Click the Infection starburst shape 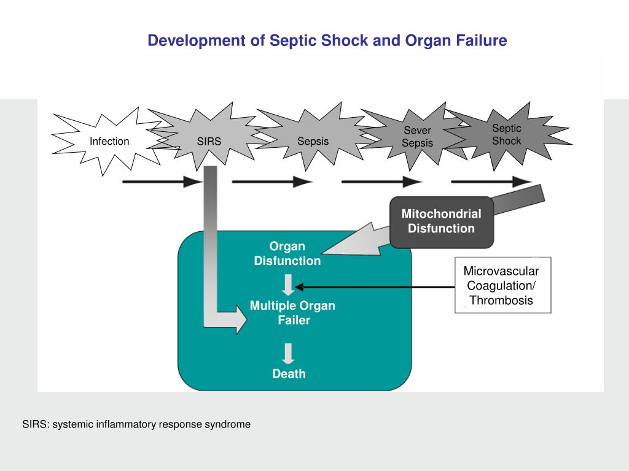click(x=109, y=142)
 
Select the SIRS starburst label click(x=209, y=142)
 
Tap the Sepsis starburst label click(x=313, y=142)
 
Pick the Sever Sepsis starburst click(x=417, y=137)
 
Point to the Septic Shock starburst click(x=506, y=135)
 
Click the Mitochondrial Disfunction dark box click(x=441, y=221)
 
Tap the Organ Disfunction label click(x=287, y=254)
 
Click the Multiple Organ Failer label click(x=292, y=313)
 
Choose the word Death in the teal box click(x=289, y=373)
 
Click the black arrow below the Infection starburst click(x=162, y=182)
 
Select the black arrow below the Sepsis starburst click(x=272, y=182)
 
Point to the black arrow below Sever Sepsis click(x=381, y=182)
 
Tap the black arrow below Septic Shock click(x=491, y=182)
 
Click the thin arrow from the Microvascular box click(x=375, y=286)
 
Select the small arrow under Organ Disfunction click(x=289, y=283)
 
